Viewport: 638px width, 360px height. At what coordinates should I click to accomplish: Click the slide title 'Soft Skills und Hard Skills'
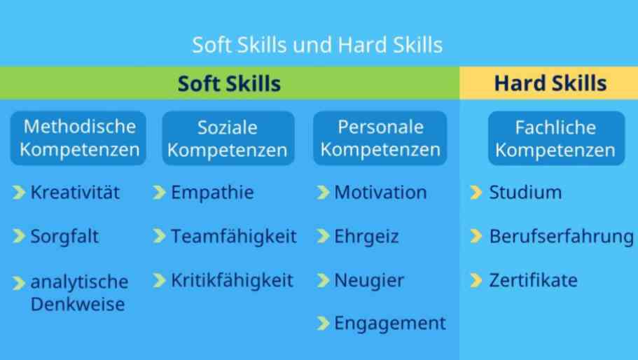[317, 45]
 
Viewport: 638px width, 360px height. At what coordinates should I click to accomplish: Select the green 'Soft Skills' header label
[229, 83]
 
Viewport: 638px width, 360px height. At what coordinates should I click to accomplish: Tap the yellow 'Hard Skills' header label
[550, 83]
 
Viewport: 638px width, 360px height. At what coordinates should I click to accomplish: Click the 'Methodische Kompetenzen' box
[78, 138]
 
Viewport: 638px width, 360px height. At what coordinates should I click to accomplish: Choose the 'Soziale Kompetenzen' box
[228, 138]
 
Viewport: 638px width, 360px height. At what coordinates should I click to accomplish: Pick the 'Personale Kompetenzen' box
[380, 138]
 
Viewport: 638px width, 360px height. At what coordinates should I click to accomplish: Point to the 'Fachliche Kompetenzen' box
[556, 138]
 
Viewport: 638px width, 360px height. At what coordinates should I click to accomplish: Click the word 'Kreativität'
[75, 193]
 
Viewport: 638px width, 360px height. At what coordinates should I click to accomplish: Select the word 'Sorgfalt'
[64, 236]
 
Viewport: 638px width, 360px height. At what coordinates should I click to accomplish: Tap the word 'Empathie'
[212, 193]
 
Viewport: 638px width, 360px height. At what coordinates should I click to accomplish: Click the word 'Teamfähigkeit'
[234, 236]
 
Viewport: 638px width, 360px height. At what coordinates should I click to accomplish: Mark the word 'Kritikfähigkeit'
[233, 280]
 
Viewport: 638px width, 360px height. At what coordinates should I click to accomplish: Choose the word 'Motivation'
[380, 193]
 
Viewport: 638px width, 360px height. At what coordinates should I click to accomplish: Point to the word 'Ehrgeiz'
[366, 236]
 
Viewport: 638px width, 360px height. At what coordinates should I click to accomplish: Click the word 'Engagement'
[390, 324]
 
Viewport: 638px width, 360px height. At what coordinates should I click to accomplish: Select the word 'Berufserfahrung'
[562, 236]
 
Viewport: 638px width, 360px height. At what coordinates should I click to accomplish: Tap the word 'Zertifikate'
[534, 280]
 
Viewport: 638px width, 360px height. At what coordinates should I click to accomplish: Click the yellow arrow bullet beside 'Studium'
[476, 193]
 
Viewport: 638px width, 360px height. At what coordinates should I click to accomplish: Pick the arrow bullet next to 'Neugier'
[323, 280]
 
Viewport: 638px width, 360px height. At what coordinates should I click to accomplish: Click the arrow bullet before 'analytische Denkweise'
[19, 283]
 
